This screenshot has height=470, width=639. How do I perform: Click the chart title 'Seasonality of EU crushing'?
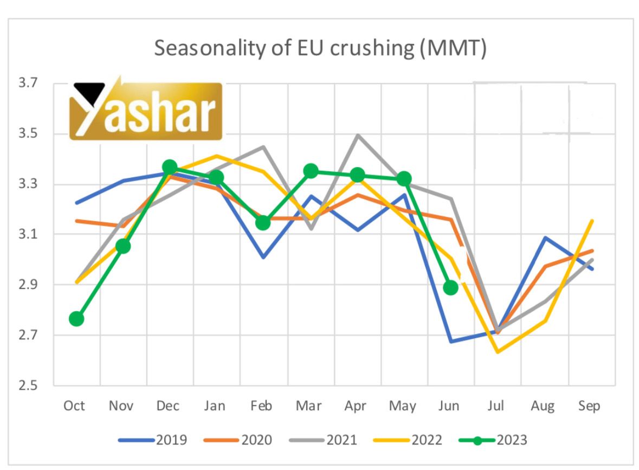(x=320, y=48)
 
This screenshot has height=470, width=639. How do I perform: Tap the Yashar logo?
(x=146, y=111)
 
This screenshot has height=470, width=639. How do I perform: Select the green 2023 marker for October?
(x=76, y=319)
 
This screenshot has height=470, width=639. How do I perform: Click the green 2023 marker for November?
(x=123, y=247)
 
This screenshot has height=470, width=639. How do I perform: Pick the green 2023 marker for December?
(x=170, y=166)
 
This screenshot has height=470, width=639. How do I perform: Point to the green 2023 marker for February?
(x=263, y=223)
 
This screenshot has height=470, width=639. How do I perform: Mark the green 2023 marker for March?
(x=311, y=171)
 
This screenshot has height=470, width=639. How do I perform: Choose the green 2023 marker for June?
(x=450, y=287)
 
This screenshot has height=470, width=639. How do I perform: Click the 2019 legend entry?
(x=153, y=440)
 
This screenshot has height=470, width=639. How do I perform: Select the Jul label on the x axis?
(x=496, y=406)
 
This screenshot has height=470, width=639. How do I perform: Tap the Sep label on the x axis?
(x=589, y=406)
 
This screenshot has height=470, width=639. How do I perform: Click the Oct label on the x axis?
(x=74, y=406)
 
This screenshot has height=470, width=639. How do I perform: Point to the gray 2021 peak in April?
(x=357, y=135)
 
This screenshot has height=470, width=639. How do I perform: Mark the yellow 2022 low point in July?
(x=497, y=352)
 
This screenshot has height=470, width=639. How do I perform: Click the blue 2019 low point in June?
(x=450, y=342)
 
